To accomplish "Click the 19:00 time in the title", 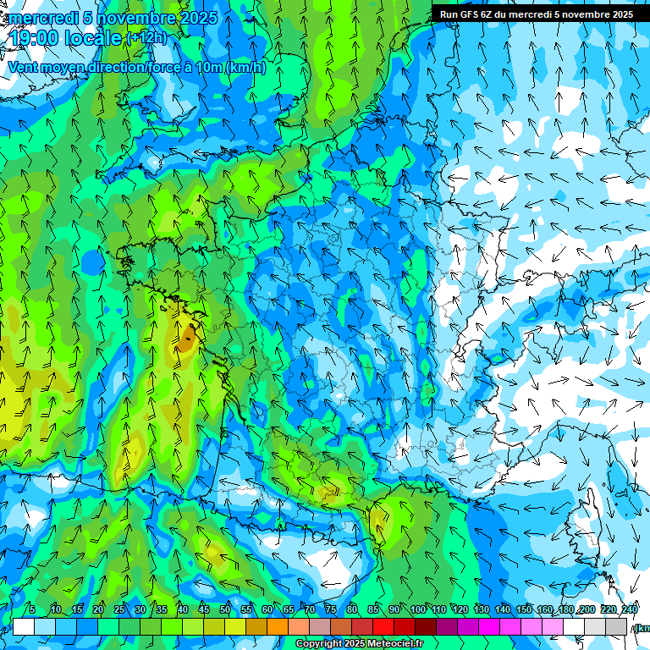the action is (x=36, y=38).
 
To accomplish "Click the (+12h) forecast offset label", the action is (x=146, y=38).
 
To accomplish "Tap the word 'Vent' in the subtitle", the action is (x=25, y=67).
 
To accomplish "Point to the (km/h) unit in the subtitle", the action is (x=246, y=67).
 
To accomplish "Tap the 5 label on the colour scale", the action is (x=32, y=610).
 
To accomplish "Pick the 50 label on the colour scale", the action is (x=225, y=610).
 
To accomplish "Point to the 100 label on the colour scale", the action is (x=417, y=610).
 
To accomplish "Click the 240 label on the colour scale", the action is (x=629, y=610).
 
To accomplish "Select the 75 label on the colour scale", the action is (x=331, y=610).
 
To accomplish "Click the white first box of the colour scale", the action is (x=24, y=626).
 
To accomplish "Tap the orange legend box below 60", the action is (x=278, y=626).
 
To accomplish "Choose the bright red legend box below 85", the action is (x=383, y=626).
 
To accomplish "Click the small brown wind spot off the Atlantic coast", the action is (x=185, y=343).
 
